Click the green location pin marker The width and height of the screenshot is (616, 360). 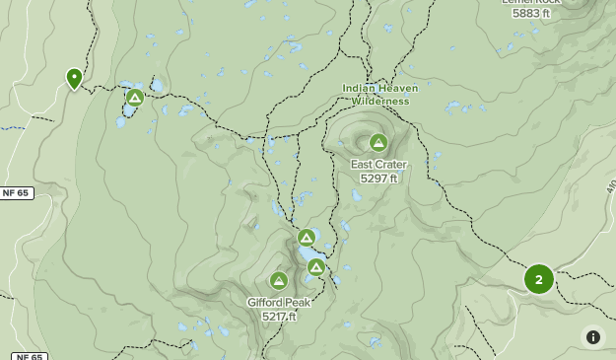pos(74,78)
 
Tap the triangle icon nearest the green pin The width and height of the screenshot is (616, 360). pos(135,97)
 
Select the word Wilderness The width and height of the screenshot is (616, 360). pos(379,101)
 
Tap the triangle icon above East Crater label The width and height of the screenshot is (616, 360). pos(377,142)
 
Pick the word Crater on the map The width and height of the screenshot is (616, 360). pos(391,165)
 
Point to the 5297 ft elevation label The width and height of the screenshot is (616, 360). pos(378,179)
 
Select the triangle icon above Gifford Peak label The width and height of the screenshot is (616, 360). pos(279,281)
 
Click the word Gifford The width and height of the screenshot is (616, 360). pos(266,303)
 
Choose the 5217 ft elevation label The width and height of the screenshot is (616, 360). pos(279,317)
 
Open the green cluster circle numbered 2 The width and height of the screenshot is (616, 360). pos(538,279)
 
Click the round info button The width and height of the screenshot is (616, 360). pos(593,337)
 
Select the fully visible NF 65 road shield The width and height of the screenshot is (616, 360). pos(17,193)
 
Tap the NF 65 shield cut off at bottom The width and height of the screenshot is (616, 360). pos(30,356)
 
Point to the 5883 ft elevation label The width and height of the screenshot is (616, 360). pos(531,14)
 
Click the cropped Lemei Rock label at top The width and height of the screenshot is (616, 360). pos(531,2)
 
